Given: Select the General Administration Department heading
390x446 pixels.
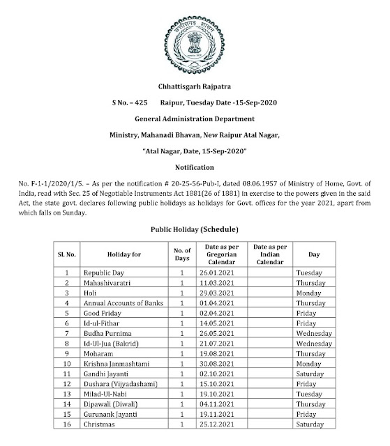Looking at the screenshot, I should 194,121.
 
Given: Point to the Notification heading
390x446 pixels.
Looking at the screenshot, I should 194,167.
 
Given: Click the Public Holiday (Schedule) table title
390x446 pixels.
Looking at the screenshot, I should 195,229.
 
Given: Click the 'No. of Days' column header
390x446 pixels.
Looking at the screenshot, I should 181,254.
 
